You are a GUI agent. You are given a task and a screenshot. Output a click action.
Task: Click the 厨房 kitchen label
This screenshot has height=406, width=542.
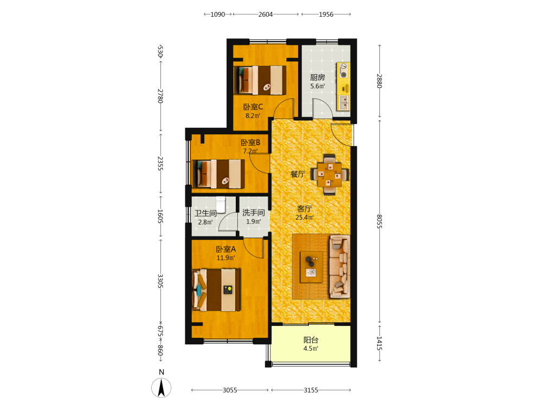317,77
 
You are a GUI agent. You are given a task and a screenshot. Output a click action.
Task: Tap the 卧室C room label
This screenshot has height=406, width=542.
253,107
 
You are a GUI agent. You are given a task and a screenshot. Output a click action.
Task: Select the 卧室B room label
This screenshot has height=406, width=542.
250,142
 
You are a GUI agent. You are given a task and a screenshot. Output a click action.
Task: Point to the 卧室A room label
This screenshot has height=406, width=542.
225,249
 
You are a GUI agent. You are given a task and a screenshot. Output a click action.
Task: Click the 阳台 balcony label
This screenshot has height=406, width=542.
311,340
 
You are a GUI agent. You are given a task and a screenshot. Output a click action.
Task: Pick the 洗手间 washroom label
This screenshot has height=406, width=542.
253,213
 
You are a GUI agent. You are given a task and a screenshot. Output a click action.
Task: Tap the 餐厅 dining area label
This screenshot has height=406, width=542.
298,174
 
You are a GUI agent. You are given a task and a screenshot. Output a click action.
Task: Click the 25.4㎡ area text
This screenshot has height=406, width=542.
305,218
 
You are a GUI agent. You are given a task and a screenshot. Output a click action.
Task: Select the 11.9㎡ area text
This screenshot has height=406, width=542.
225,258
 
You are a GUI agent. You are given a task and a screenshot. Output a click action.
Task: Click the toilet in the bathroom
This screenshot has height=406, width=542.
221,205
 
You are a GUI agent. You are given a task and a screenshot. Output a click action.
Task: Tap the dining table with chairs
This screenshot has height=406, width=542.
330,174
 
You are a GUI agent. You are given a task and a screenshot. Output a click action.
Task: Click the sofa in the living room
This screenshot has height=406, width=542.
339,266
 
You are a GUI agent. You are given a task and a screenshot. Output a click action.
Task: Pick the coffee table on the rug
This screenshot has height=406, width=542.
311,267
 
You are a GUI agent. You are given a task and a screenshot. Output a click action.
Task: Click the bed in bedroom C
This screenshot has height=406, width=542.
260,80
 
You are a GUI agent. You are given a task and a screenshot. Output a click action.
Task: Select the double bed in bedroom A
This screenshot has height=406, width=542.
217,290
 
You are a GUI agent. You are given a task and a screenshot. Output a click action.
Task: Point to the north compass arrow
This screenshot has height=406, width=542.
161,388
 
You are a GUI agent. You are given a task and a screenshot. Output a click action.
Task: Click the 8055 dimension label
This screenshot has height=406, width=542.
379,221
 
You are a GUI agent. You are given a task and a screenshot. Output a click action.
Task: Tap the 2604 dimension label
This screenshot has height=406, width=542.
266,15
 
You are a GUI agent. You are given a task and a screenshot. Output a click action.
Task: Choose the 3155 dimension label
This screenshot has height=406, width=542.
311,390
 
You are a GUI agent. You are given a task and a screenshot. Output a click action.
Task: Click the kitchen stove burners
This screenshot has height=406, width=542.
343,70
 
